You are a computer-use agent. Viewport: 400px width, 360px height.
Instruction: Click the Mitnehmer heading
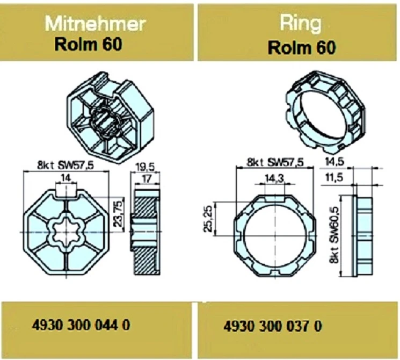95,24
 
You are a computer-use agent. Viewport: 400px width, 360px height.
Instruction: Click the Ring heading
300,23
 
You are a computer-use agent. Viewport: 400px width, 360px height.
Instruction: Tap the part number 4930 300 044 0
81,325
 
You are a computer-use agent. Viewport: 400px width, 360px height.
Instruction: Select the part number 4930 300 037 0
272,326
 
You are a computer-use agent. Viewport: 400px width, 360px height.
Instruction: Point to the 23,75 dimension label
118,214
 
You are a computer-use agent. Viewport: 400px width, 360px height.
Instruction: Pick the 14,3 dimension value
274,178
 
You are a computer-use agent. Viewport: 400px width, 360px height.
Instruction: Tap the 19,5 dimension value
145,167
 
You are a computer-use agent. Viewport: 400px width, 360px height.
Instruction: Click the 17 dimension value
147,179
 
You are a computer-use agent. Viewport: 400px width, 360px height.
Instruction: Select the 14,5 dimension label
334,162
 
